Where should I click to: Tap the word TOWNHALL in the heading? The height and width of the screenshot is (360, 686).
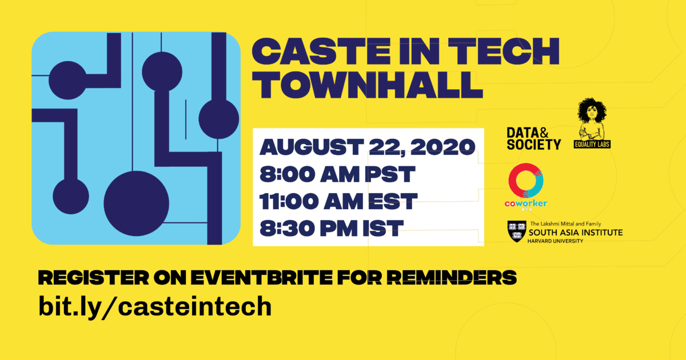point(367,85)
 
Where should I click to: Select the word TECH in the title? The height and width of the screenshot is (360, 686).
point(504,51)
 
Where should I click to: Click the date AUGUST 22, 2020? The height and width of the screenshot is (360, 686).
point(367,147)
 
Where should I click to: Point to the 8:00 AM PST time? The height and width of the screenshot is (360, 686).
point(337,174)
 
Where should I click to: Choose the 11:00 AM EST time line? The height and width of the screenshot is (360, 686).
point(338,201)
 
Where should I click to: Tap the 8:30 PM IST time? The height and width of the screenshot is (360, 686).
point(332,229)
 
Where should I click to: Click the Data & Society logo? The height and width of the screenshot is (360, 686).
point(533,139)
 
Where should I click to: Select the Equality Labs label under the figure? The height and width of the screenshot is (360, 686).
point(592,144)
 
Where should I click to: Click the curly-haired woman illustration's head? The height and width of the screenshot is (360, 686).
point(592,110)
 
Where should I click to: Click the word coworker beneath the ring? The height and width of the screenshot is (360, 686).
point(526,203)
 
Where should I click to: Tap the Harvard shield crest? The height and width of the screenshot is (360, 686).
point(517,231)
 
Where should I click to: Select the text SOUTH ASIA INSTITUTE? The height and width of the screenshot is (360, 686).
point(576,233)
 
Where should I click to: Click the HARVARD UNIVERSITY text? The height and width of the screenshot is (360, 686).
point(555,241)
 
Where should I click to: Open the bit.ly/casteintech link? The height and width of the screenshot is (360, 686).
point(155,307)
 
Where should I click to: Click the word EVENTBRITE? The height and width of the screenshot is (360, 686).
point(261,278)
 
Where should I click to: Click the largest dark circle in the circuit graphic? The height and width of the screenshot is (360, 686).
point(136,203)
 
